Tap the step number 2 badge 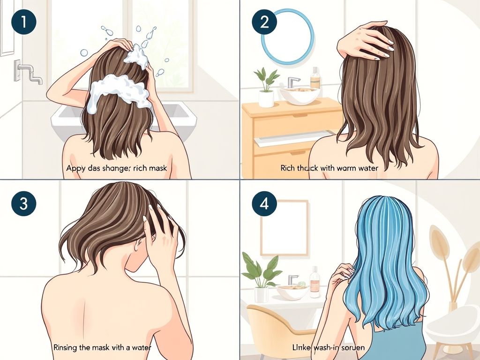(x=264, y=22)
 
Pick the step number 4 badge (x=264, y=204)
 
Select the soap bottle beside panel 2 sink (x=315, y=78)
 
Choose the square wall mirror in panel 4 (x=284, y=228)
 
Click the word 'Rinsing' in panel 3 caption (x=67, y=348)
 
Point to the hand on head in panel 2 (x=366, y=41)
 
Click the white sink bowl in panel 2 (x=300, y=96)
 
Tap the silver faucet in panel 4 (x=293, y=280)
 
